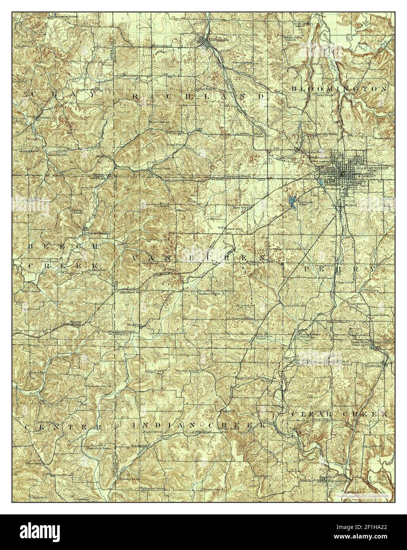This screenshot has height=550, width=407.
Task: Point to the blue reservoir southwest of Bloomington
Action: pos(292,201)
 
